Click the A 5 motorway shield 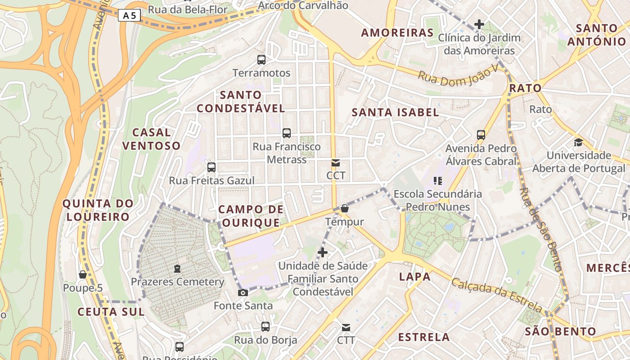coord(130,16)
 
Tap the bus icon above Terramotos coord(261,59)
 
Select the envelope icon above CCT coord(336,163)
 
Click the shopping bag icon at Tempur coord(345,208)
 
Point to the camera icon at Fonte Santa coord(243,293)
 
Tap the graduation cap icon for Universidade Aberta coord(578,143)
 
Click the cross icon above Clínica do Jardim coord(479,24)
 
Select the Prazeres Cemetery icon coord(177,269)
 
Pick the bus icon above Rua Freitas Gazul coord(211,167)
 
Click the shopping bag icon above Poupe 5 coord(83,274)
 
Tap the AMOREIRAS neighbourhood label coord(397,33)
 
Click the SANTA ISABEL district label coord(395,112)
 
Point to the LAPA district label coord(415,277)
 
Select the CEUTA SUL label coord(111,312)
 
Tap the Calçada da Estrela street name coord(496,295)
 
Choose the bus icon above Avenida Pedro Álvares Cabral coord(481,135)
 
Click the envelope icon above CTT coord(346,327)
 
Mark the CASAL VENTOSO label coord(151,139)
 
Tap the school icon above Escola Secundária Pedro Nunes coord(438,181)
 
